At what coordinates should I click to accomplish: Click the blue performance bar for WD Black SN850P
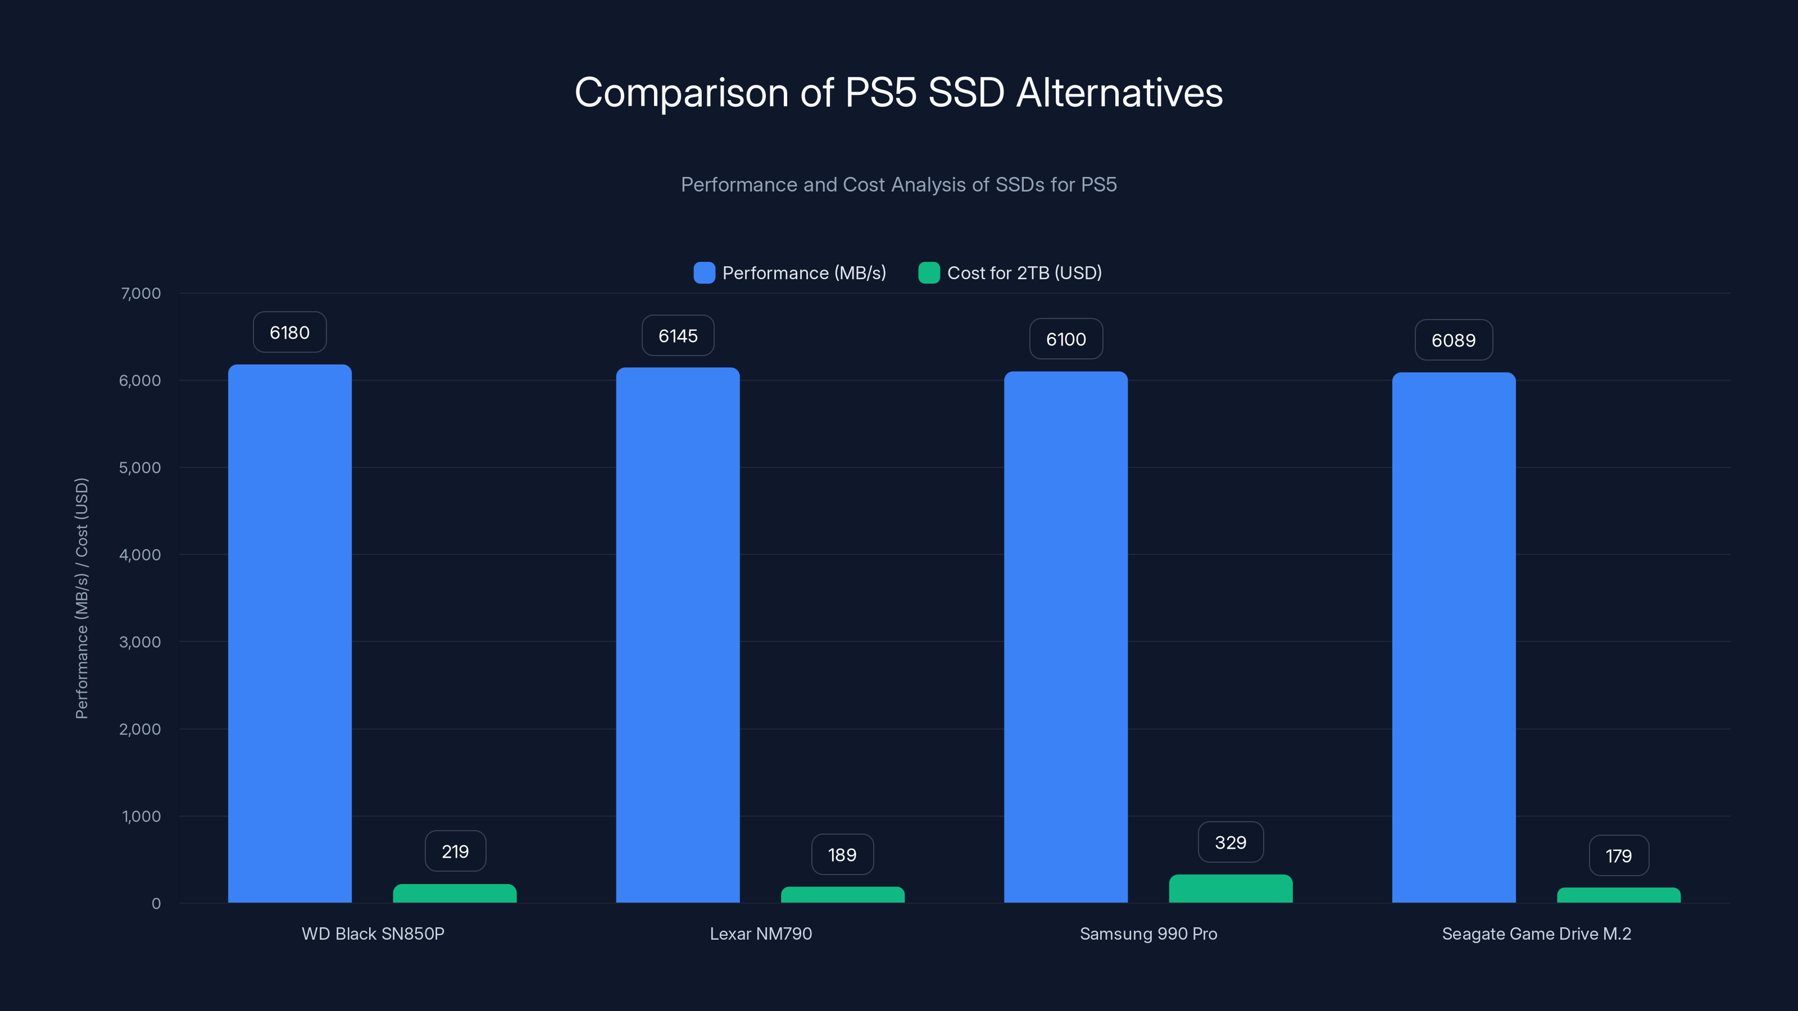click(x=290, y=634)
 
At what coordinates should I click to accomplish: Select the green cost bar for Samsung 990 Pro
click(x=1231, y=889)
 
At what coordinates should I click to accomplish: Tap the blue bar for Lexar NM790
click(x=678, y=635)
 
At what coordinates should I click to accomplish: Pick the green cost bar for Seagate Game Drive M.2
click(x=1619, y=895)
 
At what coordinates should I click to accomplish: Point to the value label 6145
click(x=678, y=336)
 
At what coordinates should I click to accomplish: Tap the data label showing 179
click(x=1619, y=855)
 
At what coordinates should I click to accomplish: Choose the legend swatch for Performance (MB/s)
click(x=704, y=273)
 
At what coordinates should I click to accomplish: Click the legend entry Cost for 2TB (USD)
click(x=1024, y=273)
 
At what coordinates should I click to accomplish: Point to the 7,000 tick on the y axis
click(x=141, y=293)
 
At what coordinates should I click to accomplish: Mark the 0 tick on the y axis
click(x=156, y=904)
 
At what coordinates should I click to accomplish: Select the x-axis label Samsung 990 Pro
click(x=1148, y=933)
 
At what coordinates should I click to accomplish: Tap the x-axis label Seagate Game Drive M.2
click(x=1536, y=933)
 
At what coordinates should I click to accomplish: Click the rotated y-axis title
click(x=81, y=598)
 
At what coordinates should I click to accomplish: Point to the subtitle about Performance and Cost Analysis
click(x=898, y=184)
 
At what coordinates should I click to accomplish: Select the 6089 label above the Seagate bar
click(x=1454, y=340)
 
